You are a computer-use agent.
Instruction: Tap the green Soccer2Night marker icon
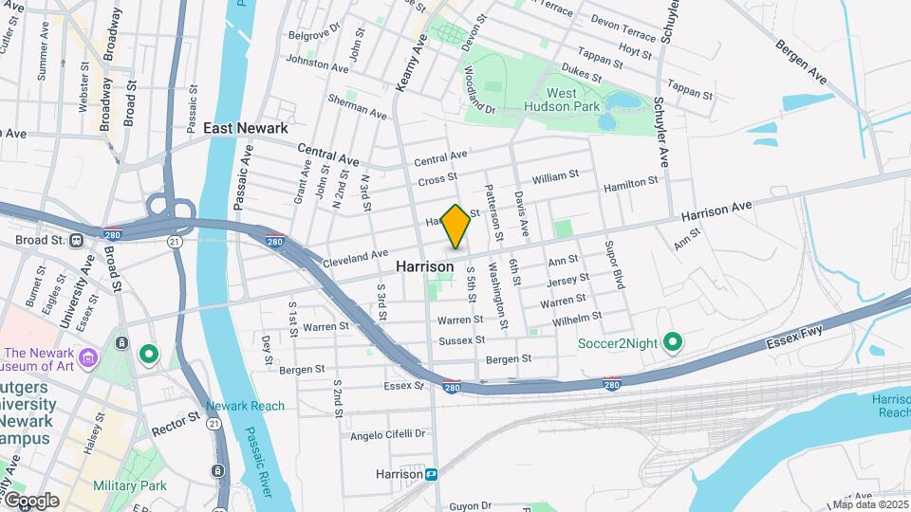[x=673, y=341]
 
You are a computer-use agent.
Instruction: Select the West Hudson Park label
[x=574, y=100]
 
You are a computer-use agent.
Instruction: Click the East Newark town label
[x=245, y=128]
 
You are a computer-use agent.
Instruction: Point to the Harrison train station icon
[x=432, y=474]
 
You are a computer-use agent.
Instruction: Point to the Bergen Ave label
[x=802, y=60]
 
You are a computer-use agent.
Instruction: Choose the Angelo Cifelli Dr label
[x=388, y=434]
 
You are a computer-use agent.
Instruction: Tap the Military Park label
[x=129, y=485]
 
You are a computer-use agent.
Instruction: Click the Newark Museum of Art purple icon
[x=88, y=357]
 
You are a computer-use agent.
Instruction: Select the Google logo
[x=31, y=501]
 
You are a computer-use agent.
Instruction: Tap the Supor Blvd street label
[x=614, y=265]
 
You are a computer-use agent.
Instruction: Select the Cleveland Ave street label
[x=356, y=257]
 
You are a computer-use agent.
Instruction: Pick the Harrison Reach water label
[x=892, y=406]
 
